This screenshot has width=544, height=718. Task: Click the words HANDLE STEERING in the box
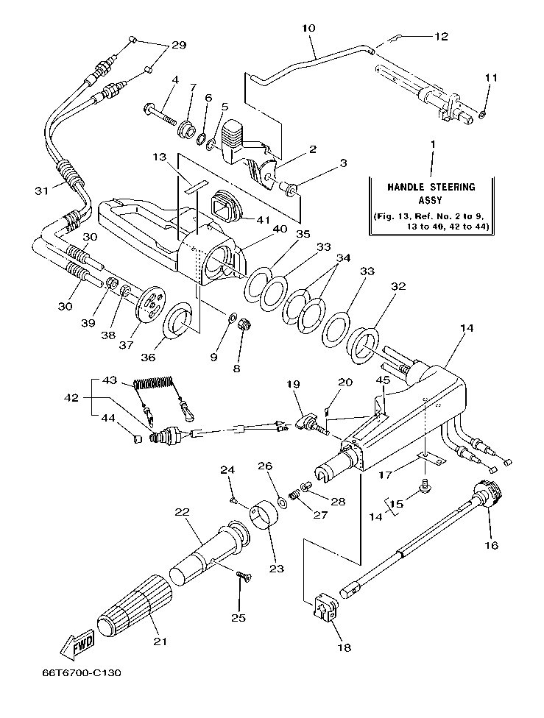pyautogui.click(x=431, y=188)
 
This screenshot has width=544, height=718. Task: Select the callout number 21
pyautogui.click(x=158, y=641)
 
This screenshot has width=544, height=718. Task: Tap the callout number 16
pyautogui.click(x=491, y=545)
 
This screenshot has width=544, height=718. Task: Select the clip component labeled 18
pyautogui.click(x=325, y=610)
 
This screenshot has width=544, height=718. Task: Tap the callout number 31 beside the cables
pyautogui.click(x=41, y=191)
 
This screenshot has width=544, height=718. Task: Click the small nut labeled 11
pyautogui.click(x=482, y=113)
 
